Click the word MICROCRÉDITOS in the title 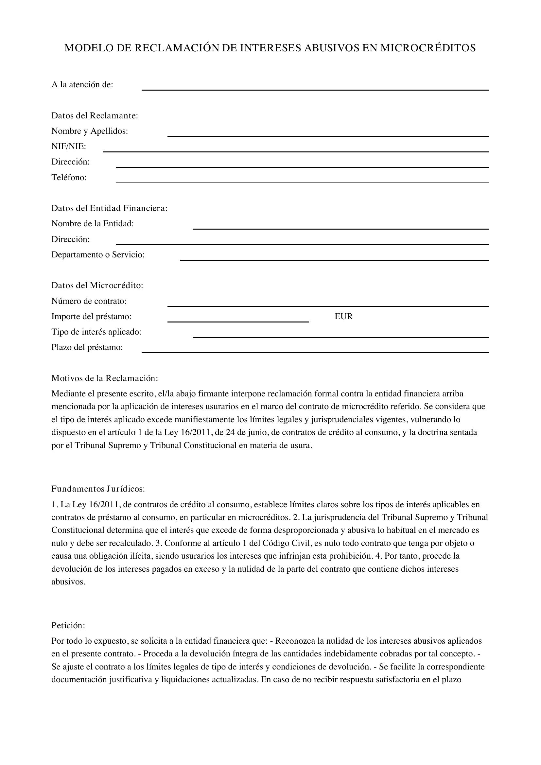pos(428,48)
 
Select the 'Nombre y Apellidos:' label pos(90,131)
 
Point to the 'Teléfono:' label pos(69,178)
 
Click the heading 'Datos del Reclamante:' pos(95,115)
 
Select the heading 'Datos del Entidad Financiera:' pos(109,208)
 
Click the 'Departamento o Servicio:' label pos(98,255)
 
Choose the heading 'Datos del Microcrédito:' pos(97,286)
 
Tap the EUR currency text pos(343,317)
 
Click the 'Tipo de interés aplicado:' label pos(96,332)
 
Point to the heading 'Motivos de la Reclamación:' pos(105,378)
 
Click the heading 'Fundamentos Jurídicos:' pos(98,489)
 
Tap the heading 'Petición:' pos(68,626)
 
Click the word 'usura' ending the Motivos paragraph pos(301,445)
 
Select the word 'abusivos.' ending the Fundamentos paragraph pos(68,582)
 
